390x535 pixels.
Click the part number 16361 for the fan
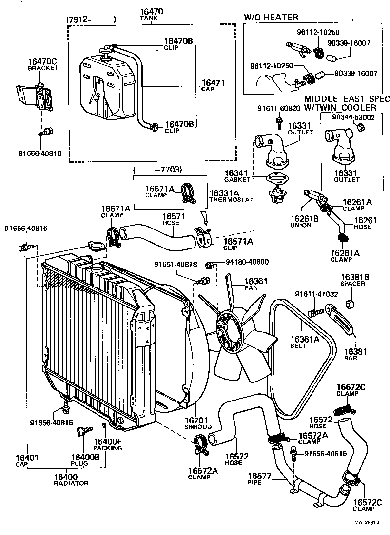click(x=256, y=281)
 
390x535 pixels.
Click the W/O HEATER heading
click(x=271, y=18)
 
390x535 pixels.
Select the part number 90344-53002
click(x=353, y=117)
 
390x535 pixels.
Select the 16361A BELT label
click(x=305, y=342)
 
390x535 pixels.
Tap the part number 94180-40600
click(x=247, y=262)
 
